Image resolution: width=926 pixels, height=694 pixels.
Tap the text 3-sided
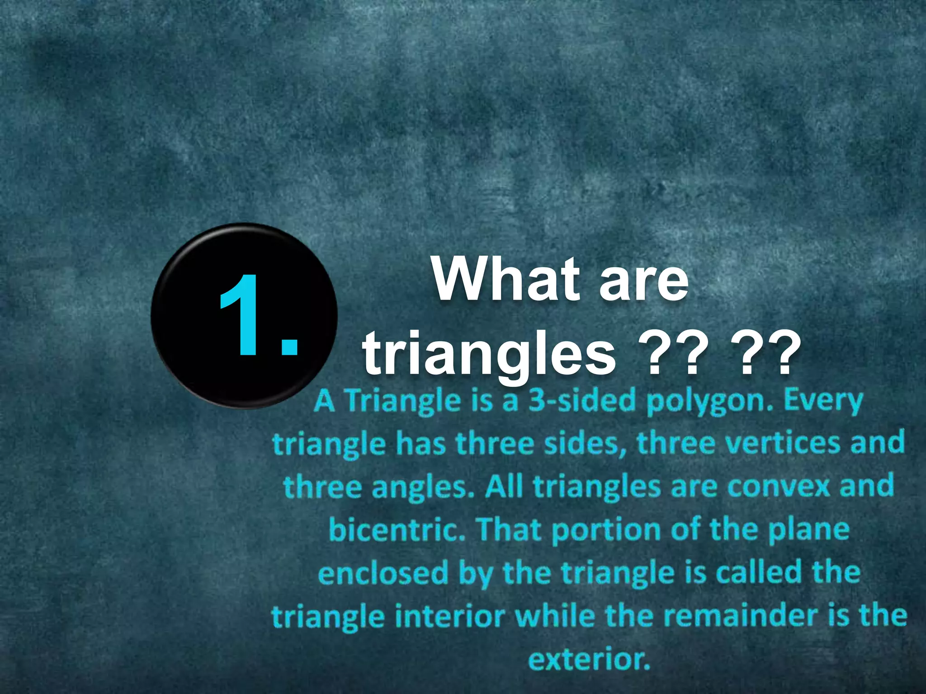pos(582,401)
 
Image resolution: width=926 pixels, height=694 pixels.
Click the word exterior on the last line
pos(589,660)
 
